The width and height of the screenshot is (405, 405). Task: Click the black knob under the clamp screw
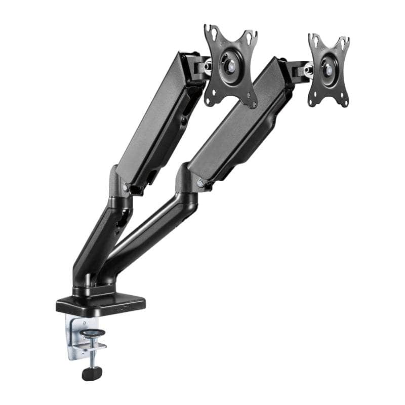[92, 374]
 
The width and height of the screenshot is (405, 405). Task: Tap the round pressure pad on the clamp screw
[94, 333]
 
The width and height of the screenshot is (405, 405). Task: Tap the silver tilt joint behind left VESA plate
[208, 66]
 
